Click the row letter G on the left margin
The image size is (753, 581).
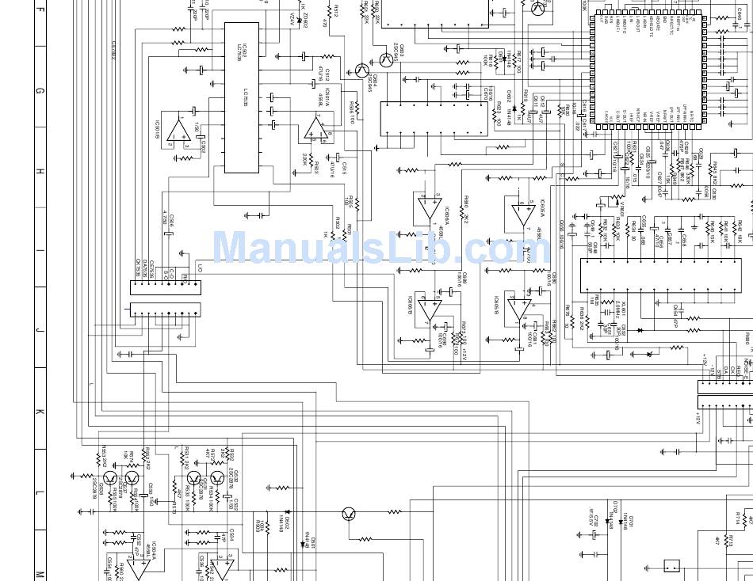(38, 91)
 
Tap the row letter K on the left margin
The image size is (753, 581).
(38, 412)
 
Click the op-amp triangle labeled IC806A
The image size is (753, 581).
(429, 207)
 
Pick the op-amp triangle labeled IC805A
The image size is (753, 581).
(522, 215)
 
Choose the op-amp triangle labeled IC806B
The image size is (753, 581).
(429, 309)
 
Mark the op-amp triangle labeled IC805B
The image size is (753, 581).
(518, 308)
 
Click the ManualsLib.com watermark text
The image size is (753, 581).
(380, 248)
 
